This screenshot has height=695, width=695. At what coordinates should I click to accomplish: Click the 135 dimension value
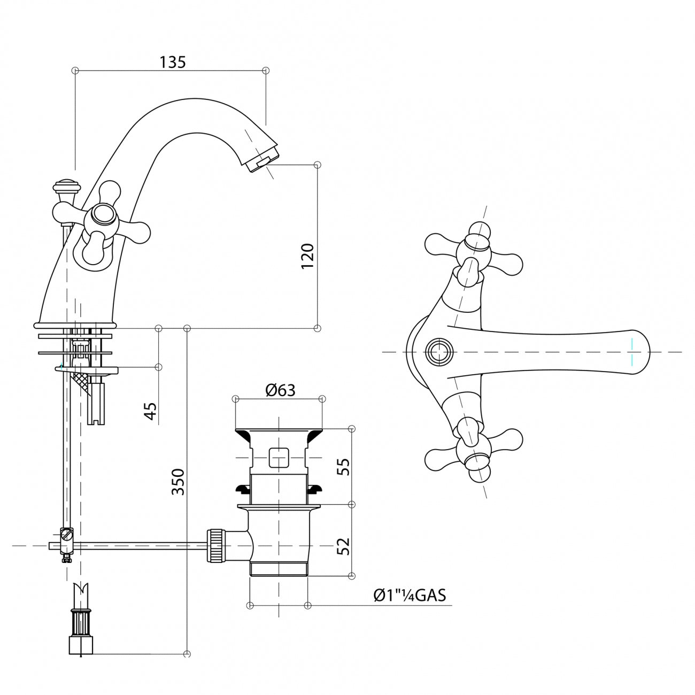(173, 62)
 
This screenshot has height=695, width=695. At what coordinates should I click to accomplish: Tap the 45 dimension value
(151, 411)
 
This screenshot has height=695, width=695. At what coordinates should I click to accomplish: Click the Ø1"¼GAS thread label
(410, 595)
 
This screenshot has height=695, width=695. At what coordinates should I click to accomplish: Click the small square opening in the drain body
(279, 458)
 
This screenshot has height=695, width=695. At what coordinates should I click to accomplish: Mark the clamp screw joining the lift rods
(66, 535)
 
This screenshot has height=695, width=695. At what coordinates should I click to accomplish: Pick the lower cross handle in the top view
(473, 450)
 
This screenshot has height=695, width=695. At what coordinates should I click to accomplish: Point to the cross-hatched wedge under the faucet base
(81, 381)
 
